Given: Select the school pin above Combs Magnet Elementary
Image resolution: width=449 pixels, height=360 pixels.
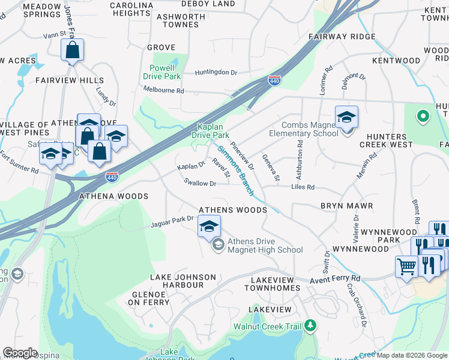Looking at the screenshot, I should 346,117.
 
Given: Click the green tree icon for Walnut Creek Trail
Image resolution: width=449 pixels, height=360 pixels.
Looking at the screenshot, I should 310,326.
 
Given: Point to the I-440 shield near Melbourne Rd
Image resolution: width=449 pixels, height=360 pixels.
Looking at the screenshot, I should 274,80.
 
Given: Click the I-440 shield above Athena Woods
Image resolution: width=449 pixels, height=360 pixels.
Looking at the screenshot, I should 112,176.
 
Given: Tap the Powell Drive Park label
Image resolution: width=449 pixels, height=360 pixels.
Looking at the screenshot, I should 162,72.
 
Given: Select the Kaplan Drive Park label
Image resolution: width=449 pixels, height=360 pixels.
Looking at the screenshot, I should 215,131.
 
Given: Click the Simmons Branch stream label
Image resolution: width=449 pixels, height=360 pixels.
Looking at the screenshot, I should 235,170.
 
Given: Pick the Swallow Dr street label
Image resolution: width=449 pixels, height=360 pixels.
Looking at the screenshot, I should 199,182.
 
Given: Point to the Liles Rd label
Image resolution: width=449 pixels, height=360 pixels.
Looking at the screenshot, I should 303,187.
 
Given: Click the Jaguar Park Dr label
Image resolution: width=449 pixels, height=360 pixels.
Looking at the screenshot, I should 172,223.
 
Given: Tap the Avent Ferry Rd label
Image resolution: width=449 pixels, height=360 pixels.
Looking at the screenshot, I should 335,279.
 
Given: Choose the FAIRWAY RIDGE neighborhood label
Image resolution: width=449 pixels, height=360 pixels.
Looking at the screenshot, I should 342,37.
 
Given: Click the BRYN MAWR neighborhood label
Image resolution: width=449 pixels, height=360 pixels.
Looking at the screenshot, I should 346,206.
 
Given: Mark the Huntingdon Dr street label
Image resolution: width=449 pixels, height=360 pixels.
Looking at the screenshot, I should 215,72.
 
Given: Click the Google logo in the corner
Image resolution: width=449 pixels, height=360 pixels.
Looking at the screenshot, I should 20,353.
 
